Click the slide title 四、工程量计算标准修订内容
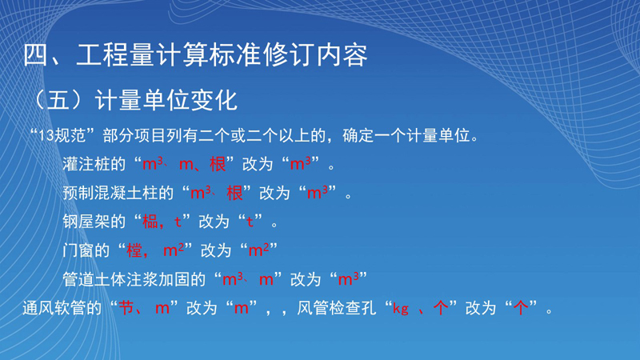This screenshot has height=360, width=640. [195, 55]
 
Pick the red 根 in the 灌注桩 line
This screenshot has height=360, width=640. [218, 164]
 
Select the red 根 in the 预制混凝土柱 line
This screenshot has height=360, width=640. [234, 193]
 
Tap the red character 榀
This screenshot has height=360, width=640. [150, 222]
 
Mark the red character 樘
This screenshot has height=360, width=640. [134, 250]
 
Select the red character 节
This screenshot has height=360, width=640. [126, 308]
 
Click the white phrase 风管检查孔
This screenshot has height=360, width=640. [336, 308]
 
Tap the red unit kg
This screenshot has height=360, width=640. [401, 309]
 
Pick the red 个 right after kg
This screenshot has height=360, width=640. [441, 308]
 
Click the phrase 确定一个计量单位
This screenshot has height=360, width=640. [406, 135]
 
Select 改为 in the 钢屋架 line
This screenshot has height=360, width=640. [214, 222]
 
